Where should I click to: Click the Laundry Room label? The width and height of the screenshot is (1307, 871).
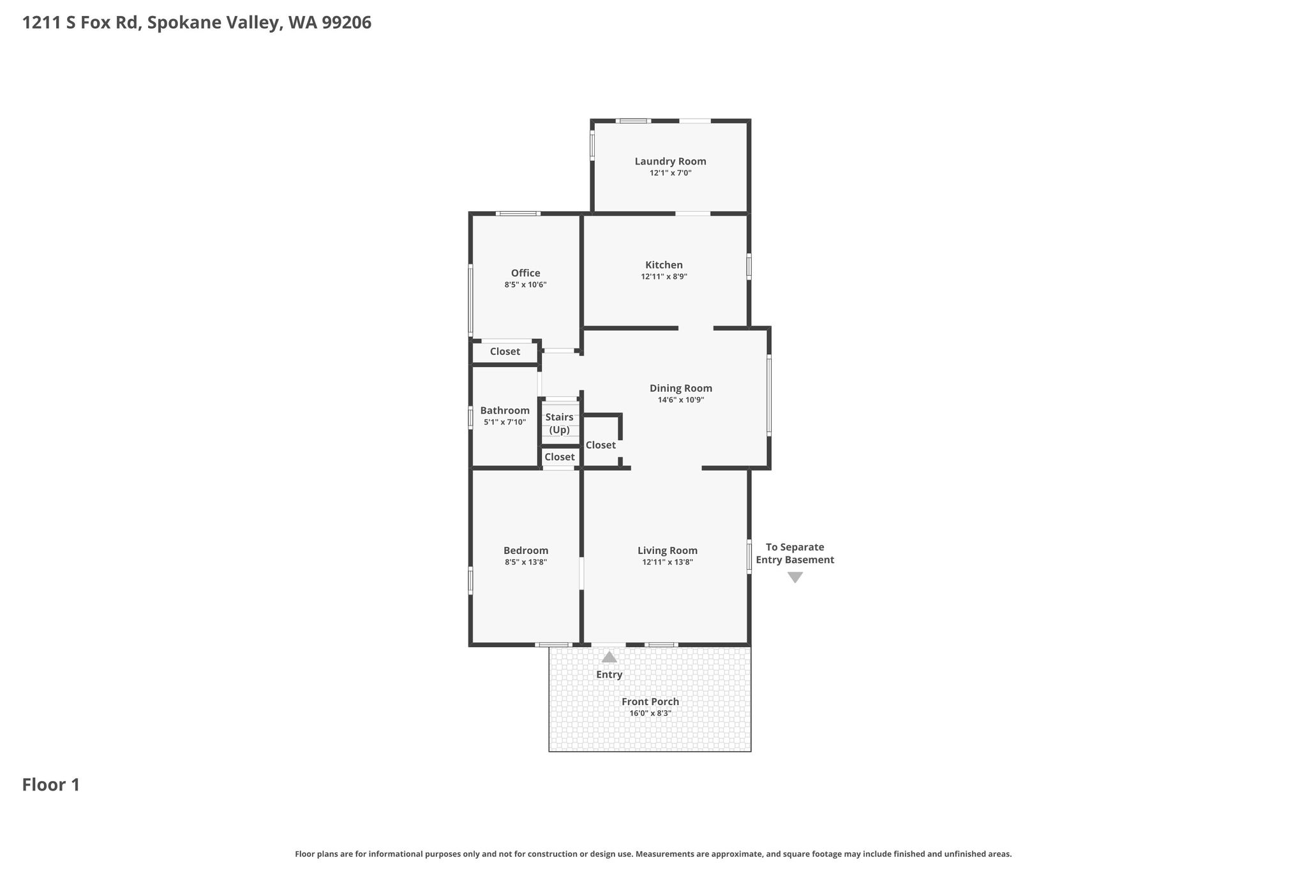point(670,161)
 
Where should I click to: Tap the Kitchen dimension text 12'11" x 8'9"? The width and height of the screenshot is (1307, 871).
point(664,277)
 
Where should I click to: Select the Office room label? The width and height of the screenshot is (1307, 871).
point(525,273)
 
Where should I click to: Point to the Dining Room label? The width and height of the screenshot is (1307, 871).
point(680,388)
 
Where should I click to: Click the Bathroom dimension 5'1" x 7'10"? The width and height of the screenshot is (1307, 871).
point(505,422)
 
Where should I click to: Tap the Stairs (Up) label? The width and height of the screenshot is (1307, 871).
point(559,424)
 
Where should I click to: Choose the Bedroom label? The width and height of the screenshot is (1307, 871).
point(526,551)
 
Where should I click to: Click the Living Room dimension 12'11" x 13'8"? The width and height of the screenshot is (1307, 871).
point(668,562)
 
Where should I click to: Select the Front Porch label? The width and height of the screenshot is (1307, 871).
point(650,702)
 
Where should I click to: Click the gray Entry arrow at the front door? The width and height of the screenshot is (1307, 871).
point(609,657)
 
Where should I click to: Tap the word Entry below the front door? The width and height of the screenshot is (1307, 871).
point(609,674)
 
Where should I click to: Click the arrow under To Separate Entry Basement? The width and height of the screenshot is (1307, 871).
point(795,577)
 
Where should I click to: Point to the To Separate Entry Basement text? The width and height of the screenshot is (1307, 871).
point(795,553)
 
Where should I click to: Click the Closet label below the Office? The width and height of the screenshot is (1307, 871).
point(505,352)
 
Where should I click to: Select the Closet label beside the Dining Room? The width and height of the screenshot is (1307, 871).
point(601,445)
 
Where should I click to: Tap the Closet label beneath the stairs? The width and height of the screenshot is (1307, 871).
point(560,457)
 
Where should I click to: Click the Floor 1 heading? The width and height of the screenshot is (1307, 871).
point(51,785)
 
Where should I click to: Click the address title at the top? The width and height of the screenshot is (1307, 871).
point(197,23)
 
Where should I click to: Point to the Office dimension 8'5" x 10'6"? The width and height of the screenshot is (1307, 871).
point(525,285)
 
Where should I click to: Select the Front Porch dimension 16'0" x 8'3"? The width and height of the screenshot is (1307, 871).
point(650,713)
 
